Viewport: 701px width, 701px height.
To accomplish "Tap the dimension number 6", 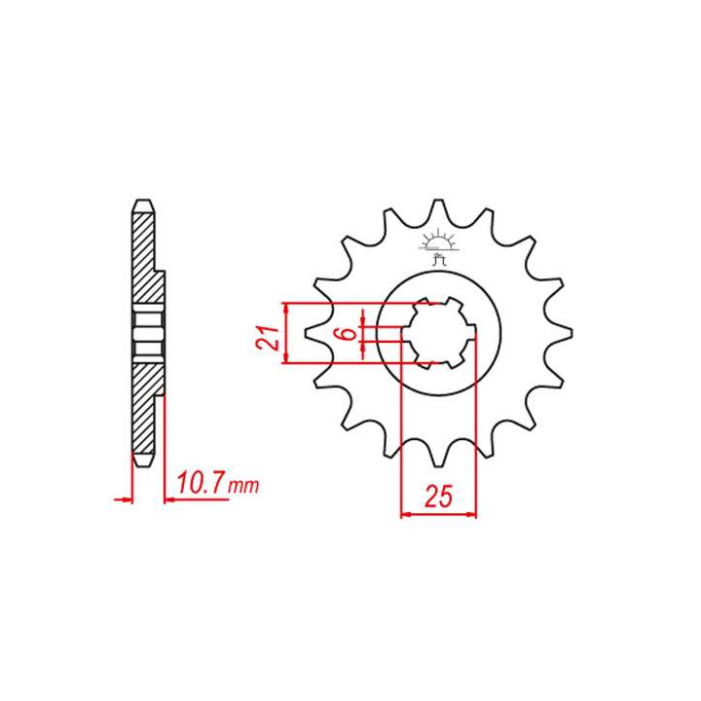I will tap(347, 334).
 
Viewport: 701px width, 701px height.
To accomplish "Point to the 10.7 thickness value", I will tap(203, 483).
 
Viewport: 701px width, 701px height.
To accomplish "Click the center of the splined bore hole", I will tap(439, 334).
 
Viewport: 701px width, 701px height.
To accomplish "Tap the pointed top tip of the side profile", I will tap(142, 202).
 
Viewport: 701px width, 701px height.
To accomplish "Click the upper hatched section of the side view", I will tap(145, 258).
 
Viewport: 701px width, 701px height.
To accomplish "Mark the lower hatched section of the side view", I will tap(145, 409).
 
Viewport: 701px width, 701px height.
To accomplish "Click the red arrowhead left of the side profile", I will tap(125, 500).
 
